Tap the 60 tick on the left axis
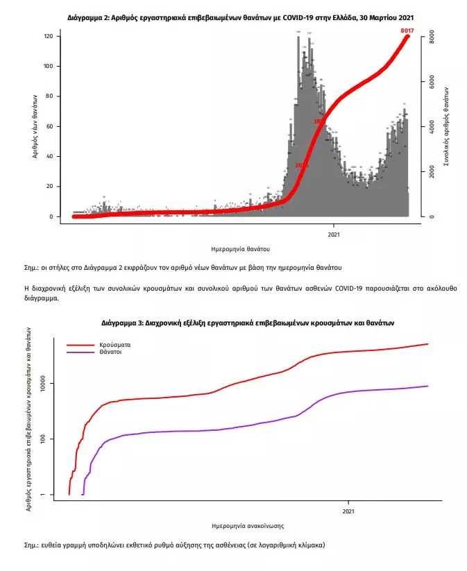coord(49,126)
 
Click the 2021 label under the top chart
coord(333,234)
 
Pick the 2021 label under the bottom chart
coord(348,512)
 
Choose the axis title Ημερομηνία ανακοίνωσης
coord(247,526)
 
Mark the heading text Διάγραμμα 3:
coord(123,323)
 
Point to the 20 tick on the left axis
coord(49,187)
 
